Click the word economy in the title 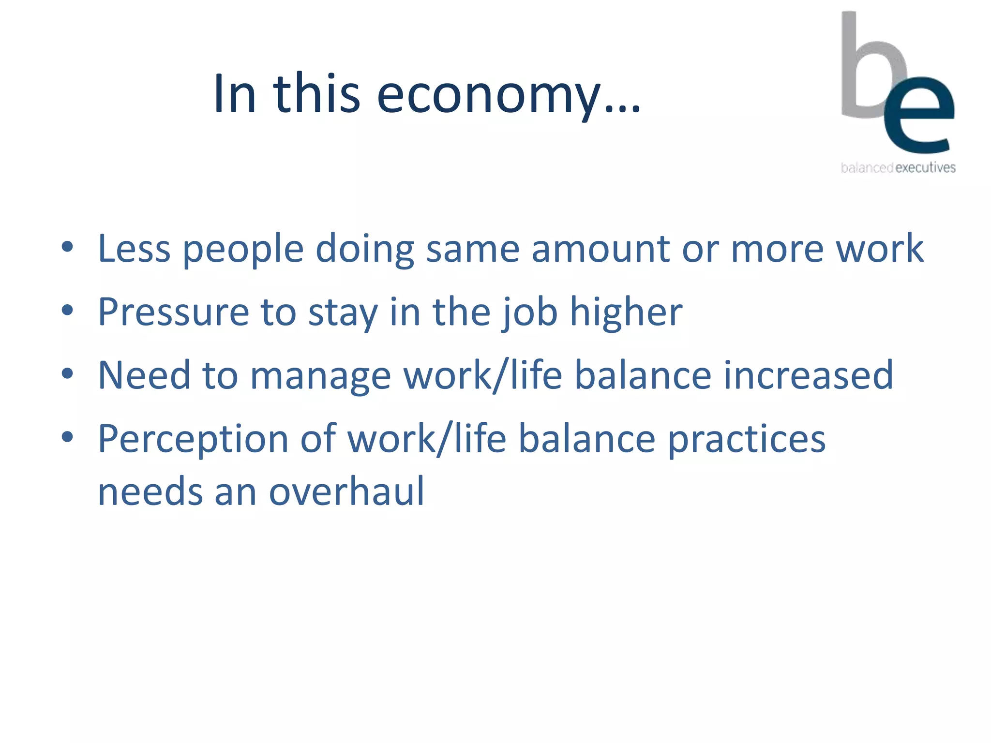click(x=489, y=95)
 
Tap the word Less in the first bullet click(x=134, y=249)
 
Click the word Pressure click(x=173, y=312)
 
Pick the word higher click(x=626, y=313)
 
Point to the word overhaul click(x=346, y=492)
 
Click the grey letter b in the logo click(x=866, y=73)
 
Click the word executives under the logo click(x=925, y=168)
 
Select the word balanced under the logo click(x=867, y=168)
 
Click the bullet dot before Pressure click(x=67, y=310)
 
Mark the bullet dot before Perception click(x=67, y=437)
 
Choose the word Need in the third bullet click(x=144, y=376)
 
